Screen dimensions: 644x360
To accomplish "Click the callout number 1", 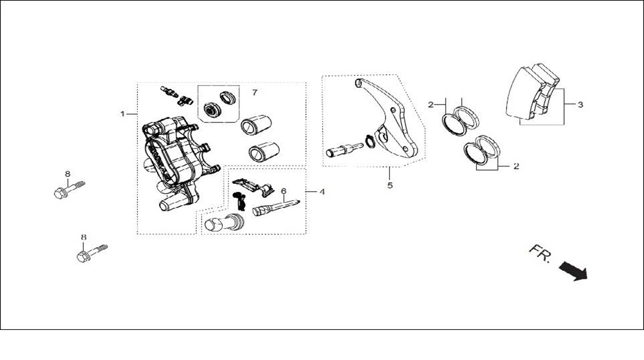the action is [x=122, y=113].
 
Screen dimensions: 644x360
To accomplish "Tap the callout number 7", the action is [x=255, y=92].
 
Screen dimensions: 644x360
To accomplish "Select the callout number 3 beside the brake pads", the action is [x=580, y=105].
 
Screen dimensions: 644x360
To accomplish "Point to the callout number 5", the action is [x=389, y=185].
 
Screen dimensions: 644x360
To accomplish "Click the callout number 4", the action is [x=322, y=192].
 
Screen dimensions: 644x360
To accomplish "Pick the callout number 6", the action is [x=283, y=191].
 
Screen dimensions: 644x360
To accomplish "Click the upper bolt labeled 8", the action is [x=69, y=189].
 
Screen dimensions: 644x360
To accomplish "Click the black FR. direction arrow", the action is [x=573, y=272].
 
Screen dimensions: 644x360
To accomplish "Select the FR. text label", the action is [x=540, y=253].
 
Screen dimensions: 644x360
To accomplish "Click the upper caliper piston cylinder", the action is [x=256, y=125].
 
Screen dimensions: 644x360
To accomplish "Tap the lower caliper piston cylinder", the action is [x=264, y=151].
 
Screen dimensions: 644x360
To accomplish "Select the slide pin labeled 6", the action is [x=276, y=207].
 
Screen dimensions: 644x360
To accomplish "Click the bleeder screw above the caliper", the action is [x=169, y=92].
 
